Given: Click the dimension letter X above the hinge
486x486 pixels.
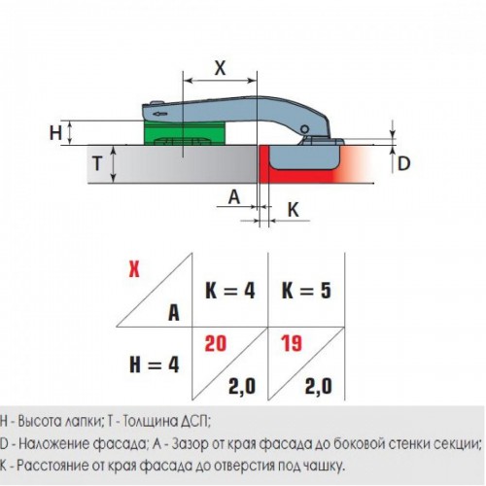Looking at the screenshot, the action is coord(220,68).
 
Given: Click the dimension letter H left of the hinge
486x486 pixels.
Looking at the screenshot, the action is coord(55,132).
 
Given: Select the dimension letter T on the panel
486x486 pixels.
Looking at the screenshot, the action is coord(97,163).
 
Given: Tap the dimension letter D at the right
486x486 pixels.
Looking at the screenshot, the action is coord(403,163).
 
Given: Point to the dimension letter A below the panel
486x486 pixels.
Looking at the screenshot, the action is coord(234,196).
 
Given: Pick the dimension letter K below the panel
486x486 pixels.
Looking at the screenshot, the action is coord(294,210).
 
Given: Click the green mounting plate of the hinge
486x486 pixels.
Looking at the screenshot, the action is coord(184,132).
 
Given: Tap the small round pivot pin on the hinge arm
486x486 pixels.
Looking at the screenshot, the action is coord(304,129).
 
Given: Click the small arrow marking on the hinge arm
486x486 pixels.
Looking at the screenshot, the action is coord(160,114).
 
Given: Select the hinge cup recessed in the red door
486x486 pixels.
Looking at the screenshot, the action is coord(304,157).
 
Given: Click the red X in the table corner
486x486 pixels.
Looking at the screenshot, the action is coord(134,269).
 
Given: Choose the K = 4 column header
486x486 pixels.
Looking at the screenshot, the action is coord(230,291).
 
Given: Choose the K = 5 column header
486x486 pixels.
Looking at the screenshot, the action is coord(306,291).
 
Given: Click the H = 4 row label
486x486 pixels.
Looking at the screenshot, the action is coord(155,364).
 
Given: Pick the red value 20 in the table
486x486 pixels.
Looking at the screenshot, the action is coord(216,344).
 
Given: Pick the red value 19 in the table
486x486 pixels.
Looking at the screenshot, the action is coord(292,344).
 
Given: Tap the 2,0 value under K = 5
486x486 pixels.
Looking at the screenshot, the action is coord(318,386).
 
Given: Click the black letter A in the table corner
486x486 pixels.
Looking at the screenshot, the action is coord(174,313).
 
